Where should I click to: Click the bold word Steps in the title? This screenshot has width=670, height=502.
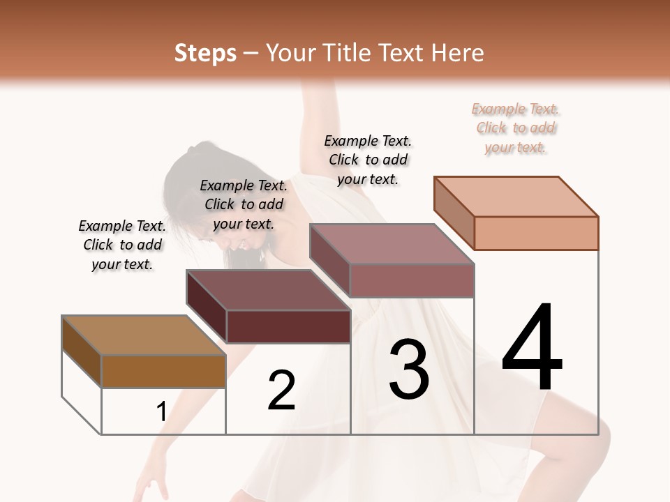click(205, 53)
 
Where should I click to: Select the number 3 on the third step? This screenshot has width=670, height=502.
click(408, 370)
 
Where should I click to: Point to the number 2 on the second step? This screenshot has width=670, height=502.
click(282, 390)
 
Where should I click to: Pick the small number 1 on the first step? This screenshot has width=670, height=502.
click(162, 412)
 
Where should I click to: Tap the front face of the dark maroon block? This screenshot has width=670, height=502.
click(288, 326)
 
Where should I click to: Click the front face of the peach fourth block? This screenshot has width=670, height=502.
click(536, 233)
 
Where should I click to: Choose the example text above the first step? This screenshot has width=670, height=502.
click(122, 245)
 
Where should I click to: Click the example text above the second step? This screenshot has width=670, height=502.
click(244, 204)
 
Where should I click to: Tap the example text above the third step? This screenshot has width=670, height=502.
click(368, 160)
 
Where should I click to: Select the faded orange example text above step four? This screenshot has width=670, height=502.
click(516, 128)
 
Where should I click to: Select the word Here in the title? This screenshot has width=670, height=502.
click(460, 53)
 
